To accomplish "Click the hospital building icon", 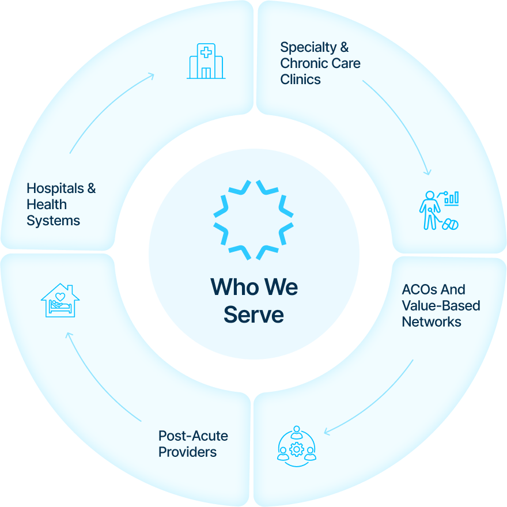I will pos(206,61).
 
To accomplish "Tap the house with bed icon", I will pos(60,300).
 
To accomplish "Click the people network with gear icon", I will pos(297,445).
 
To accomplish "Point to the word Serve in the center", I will pos(253,315).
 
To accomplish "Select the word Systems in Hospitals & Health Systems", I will pos(53,221).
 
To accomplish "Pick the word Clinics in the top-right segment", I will pos(300,80).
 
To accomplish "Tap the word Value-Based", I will pos(441,305).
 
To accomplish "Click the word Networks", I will pos(431,321).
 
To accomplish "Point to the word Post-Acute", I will pos(193,436).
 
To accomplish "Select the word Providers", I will pos(187,452).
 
